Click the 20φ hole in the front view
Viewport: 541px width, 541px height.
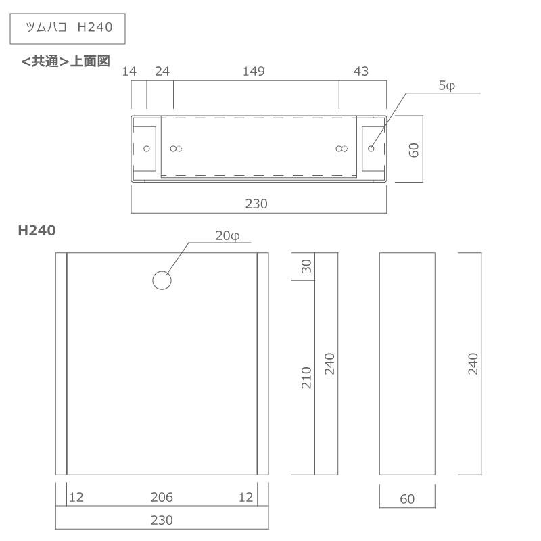point(162,280)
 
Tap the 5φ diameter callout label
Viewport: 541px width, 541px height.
point(447,86)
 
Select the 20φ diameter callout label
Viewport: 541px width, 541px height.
point(228,236)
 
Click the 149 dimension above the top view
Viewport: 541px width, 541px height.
point(254,72)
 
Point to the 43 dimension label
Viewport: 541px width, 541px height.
point(361,72)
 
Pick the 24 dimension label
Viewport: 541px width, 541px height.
point(162,72)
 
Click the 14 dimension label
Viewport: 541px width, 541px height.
point(129,72)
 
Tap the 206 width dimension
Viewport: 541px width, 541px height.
point(162,497)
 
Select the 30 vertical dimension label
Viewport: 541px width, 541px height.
point(306,266)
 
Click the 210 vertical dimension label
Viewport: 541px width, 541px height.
point(306,378)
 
